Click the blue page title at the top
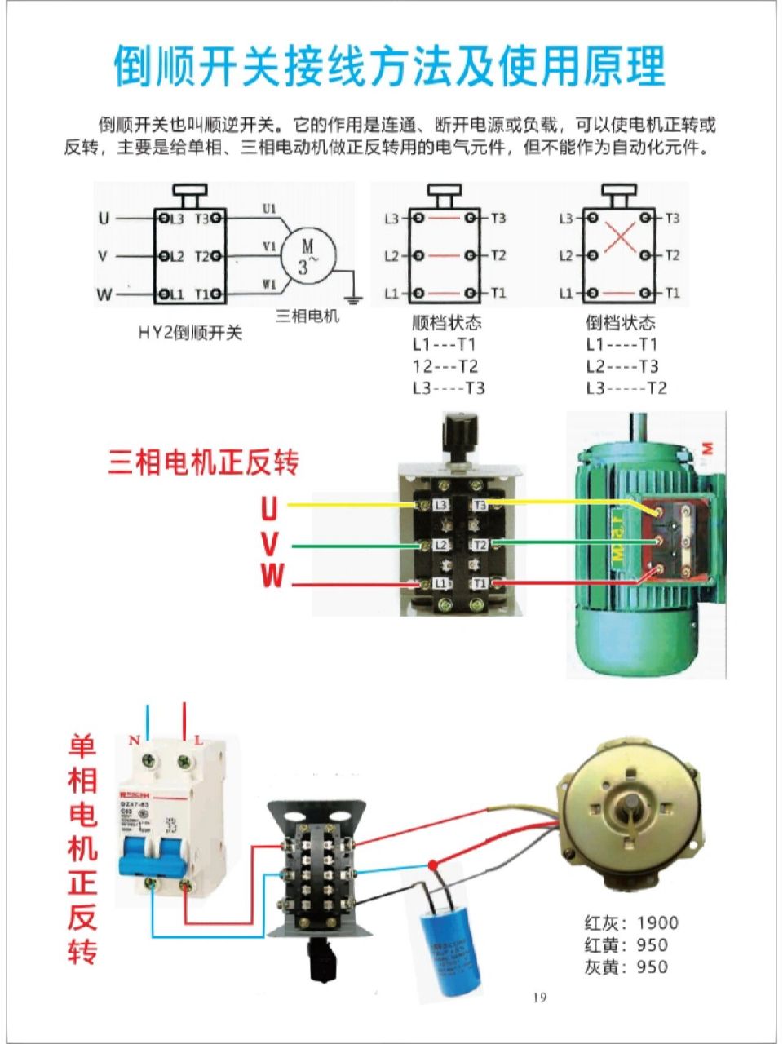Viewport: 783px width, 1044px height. pyautogui.click(x=390, y=66)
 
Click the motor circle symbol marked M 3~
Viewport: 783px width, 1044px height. pyautogui.click(x=308, y=254)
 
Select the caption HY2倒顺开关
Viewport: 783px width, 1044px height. pyautogui.click(x=190, y=333)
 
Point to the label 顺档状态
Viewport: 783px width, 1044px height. pyautogui.click(x=447, y=323)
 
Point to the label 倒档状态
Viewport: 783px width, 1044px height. pyautogui.click(x=621, y=323)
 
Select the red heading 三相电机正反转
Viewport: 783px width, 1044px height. pyautogui.click(x=204, y=462)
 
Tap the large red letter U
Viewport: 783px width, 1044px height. pyautogui.click(x=269, y=509)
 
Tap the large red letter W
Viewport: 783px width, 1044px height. pyautogui.click(x=272, y=576)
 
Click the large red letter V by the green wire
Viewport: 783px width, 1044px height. pyautogui.click(x=270, y=544)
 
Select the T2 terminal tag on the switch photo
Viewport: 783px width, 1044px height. pyautogui.click(x=480, y=545)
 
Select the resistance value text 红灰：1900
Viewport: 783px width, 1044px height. pyautogui.click(x=631, y=923)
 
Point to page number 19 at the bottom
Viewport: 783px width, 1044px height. pyautogui.click(x=539, y=997)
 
